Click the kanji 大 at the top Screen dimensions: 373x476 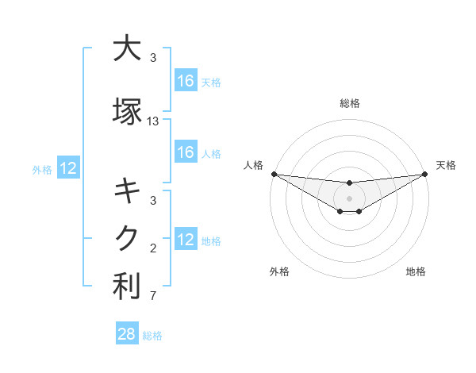[125, 49]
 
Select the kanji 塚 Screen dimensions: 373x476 [125, 112]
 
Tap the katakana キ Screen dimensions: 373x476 [125, 191]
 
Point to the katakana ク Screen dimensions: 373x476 [125, 238]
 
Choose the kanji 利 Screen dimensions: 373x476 [125, 286]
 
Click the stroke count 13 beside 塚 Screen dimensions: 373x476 [153, 121]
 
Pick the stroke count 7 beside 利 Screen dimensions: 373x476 [153, 296]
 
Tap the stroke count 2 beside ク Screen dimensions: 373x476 [153, 248]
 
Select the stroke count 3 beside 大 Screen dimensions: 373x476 [153, 58]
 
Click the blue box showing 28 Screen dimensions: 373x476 [127, 334]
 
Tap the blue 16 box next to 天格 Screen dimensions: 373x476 [185, 80]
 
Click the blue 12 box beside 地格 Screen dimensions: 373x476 [185, 239]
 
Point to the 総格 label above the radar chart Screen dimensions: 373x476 [349, 103]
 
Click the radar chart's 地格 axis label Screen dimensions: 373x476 [416, 271]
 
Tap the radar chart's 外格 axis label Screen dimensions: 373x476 [279, 271]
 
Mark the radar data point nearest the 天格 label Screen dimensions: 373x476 [424, 174]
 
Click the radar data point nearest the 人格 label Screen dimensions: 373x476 [274, 174]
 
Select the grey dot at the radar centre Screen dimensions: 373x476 [349, 198]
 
